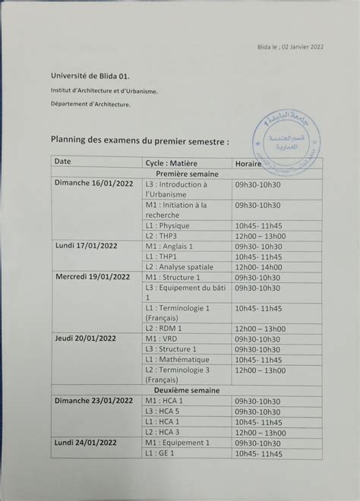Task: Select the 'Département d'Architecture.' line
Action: [90, 104]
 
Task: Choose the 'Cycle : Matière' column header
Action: [175, 163]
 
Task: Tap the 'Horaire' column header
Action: [250, 163]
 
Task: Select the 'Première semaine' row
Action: [187, 174]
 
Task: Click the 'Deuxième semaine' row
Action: [187, 389]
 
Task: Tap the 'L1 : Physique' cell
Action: [167, 225]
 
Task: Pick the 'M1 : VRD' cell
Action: [163, 339]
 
